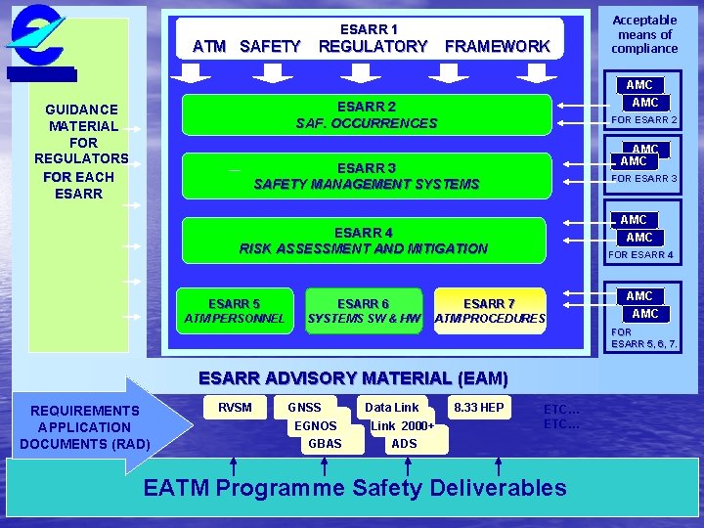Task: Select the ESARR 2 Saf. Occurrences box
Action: [x=366, y=114]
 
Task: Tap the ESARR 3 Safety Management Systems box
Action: [x=366, y=176]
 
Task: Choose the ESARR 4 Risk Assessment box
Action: [x=363, y=241]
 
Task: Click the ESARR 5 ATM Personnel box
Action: [x=235, y=311]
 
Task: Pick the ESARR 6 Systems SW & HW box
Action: [x=364, y=311]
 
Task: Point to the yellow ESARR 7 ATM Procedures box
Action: [x=489, y=311]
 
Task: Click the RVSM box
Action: [x=235, y=408]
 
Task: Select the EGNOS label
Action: [x=316, y=425]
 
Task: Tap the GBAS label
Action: [x=325, y=443]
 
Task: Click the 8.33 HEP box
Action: [x=478, y=408]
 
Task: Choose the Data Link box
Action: [x=391, y=407]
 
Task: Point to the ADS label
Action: [x=404, y=443]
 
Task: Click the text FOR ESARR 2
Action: [x=643, y=120]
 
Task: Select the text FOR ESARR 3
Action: [x=643, y=179]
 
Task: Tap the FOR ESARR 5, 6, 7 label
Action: [x=643, y=338]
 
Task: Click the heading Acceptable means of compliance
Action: [x=644, y=34]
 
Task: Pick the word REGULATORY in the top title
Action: [x=373, y=46]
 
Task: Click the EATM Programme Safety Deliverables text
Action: [x=354, y=487]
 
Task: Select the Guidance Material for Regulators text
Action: [x=81, y=151]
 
